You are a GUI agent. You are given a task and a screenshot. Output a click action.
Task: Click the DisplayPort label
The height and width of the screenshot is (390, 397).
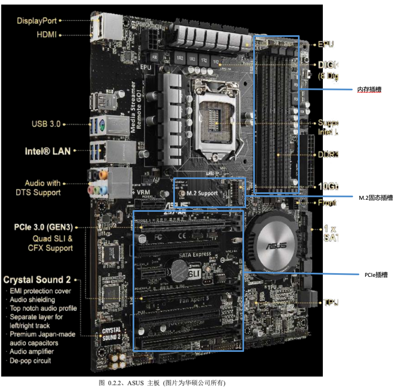pyautogui.click(x=37, y=20)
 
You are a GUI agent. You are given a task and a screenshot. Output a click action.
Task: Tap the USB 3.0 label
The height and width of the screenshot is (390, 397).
pyautogui.click(x=46, y=124)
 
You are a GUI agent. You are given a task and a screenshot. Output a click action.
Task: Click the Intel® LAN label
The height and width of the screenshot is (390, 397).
pyautogui.click(x=48, y=151)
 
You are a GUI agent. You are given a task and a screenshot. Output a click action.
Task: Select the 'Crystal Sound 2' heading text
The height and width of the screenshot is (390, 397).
pyautogui.click(x=37, y=279)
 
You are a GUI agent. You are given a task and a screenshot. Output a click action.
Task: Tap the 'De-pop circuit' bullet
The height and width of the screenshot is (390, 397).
pyautogui.click(x=30, y=361)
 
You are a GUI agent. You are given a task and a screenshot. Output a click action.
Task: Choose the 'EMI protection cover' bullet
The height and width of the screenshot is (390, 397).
pyautogui.click(x=40, y=291)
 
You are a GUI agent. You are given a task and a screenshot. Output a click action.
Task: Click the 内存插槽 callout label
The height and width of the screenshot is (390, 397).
pyautogui.click(x=369, y=89)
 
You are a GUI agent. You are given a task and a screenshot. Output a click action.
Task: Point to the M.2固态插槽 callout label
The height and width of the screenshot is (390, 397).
pyautogui.click(x=375, y=198)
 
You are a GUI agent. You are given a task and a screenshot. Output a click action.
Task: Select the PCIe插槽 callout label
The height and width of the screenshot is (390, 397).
pyautogui.click(x=376, y=274)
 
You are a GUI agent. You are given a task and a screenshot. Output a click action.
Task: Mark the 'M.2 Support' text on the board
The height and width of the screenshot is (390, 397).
pyautogui.click(x=202, y=193)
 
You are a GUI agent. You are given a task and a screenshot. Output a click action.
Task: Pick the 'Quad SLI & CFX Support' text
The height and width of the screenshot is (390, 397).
pyautogui.click(x=50, y=243)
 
